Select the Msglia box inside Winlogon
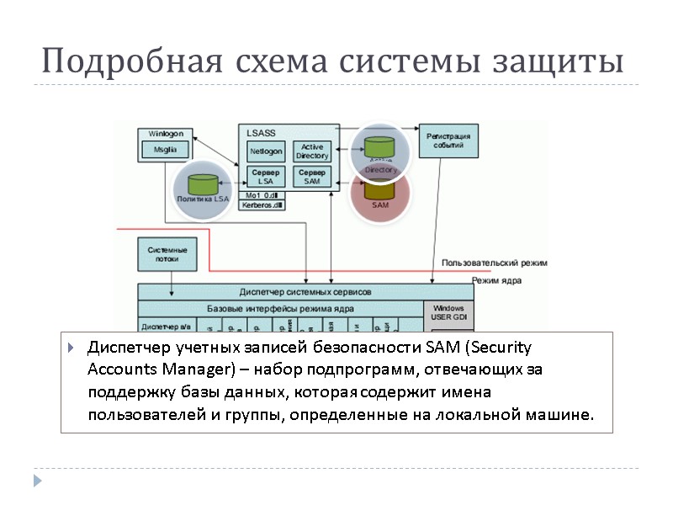(164, 149)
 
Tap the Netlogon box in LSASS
(266, 151)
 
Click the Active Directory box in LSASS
(312, 151)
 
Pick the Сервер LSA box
(266, 177)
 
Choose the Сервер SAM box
(312, 177)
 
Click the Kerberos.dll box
(262, 205)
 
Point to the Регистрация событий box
(448, 140)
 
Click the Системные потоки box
(167, 255)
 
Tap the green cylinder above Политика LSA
(202, 183)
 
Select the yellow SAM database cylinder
(379, 192)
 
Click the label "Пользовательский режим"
(495, 263)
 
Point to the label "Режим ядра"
(497, 280)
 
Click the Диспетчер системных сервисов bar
(305, 291)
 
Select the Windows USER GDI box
(448, 313)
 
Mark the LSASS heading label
(261, 133)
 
